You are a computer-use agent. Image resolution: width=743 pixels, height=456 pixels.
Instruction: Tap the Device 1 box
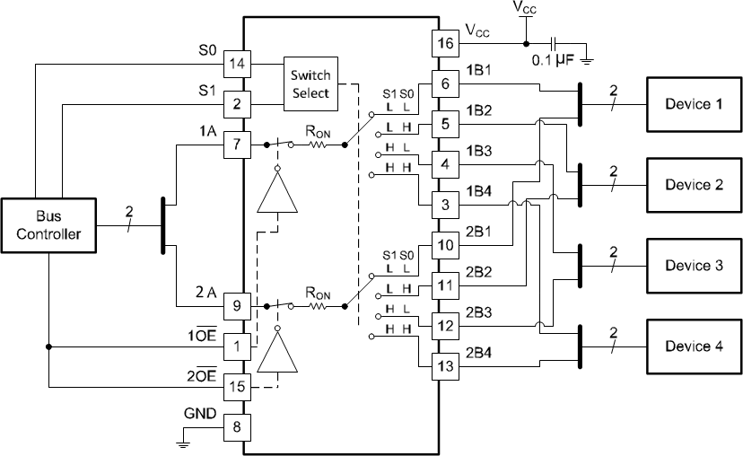tap(694, 104)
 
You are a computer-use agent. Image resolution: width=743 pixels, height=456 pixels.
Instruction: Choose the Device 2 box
tap(694, 185)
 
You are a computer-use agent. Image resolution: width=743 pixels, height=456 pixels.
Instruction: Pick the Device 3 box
tap(694, 266)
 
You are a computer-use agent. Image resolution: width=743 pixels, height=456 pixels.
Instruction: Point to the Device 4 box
tap(694, 346)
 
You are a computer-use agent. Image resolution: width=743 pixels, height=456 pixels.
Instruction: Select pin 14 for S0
tap(237, 65)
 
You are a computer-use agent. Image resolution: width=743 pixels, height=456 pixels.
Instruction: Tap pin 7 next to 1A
tap(237, 144)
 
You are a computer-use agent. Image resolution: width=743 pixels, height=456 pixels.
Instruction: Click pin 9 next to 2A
tap(237, 306)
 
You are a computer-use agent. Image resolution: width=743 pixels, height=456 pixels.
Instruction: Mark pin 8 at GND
tap(237, 427)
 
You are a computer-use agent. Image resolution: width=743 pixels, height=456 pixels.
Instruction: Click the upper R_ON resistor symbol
tap(319, 144)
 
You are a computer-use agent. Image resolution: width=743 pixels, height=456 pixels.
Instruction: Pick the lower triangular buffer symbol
tap(277, 352)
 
